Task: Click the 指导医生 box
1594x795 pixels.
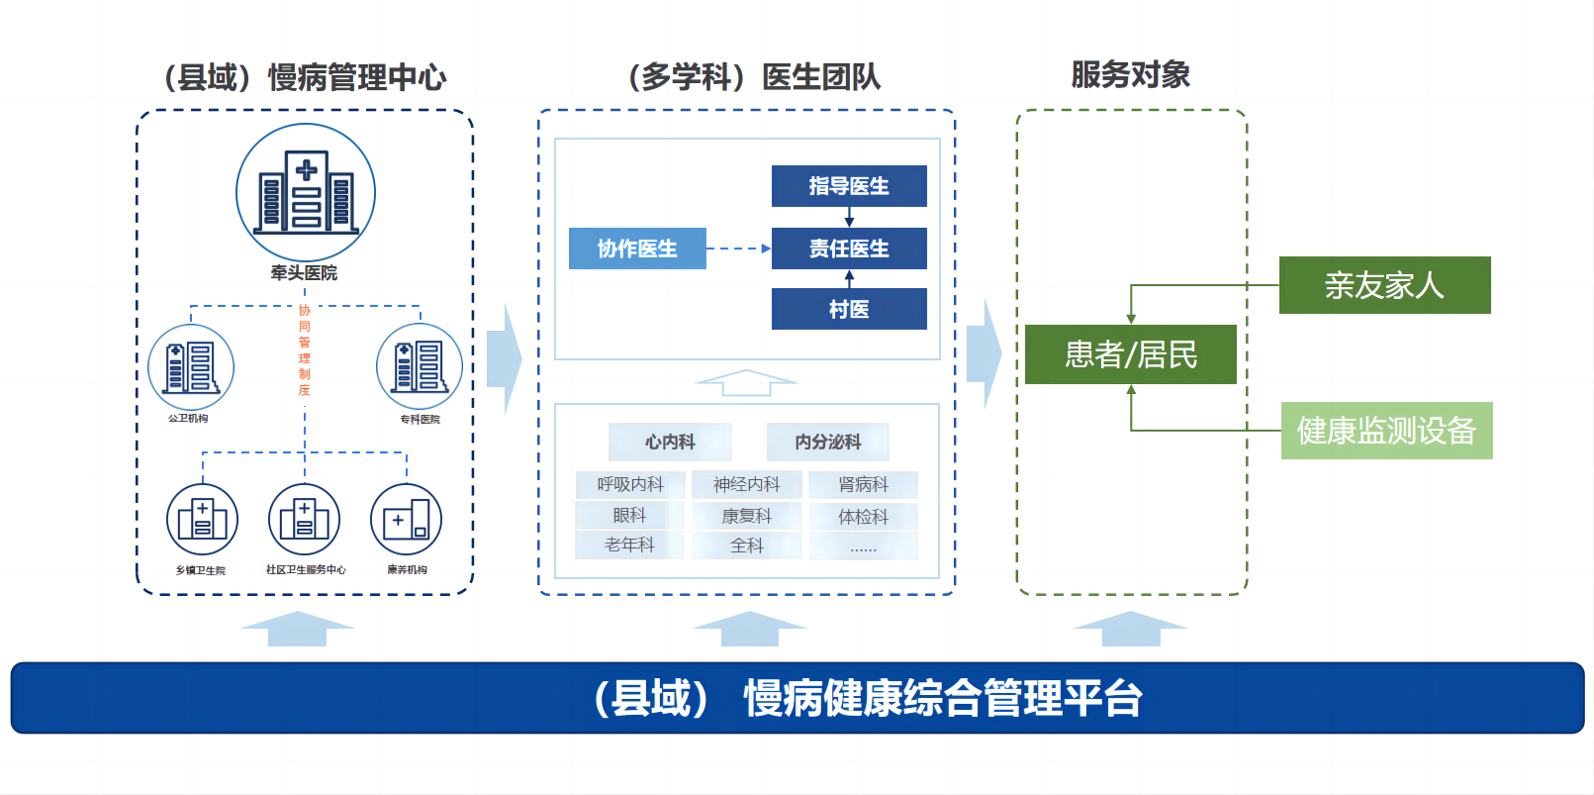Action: tap(849, 186)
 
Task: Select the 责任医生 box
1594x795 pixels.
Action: tap(849, 248)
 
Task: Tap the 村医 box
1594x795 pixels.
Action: tap(849, 309)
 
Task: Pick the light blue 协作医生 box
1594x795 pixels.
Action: tap(637, 248)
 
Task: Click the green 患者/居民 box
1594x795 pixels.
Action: tap(1130, 354)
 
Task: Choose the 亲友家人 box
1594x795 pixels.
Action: tap(1384, 285)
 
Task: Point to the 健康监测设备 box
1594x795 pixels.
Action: tap(1386, 431)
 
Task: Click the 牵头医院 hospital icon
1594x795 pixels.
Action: tap(306, 192)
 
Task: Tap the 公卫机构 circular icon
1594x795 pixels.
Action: tap(191, 367)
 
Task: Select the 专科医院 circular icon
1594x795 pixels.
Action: tap(420, 366)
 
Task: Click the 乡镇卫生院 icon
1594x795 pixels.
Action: tap(202, 519)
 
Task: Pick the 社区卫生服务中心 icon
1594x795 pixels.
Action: tap(305, 519)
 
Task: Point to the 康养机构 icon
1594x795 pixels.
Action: tap(406, 519)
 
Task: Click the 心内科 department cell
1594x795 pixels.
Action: tap(670, 442)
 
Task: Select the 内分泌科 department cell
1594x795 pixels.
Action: tap(828, 442)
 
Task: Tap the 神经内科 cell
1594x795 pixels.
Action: tap(747, 484)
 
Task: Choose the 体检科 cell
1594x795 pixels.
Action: tap(863, 516)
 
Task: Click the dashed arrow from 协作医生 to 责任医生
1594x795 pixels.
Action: tap(738, 248)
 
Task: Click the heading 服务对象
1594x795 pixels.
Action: tap(1130, 75)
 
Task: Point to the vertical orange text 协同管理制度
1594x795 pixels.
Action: tap(305, 350)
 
